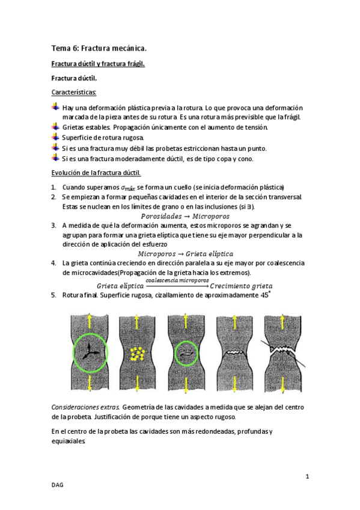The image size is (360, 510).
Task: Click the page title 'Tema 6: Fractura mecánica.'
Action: (x=99, y=49)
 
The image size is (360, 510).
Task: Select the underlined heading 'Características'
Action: (x=74, y=93)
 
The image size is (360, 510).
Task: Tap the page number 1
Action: (x=307, y=477)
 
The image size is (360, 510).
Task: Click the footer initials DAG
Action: (x=57, y=485)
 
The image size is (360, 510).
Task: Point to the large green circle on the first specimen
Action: (x=73, y=353)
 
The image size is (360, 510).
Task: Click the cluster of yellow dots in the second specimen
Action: (x=138, y=354)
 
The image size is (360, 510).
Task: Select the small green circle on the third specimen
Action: (x=175, y=353)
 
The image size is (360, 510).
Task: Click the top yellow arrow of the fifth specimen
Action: (x=282, y=322)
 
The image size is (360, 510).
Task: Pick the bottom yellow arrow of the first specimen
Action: (x=90, y=384)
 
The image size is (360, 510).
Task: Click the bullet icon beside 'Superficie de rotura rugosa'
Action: (x=55, y=137)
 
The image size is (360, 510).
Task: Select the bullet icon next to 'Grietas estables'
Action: (x=55, y=126)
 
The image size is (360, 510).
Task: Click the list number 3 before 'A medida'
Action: (x=53, y=226)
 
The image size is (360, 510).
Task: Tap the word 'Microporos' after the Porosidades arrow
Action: (x=211, y=217)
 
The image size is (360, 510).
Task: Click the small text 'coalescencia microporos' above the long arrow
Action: (x=177, y=280)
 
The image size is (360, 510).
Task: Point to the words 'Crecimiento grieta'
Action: (x=241, y=286)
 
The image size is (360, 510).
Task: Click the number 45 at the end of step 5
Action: (x=264, y=295)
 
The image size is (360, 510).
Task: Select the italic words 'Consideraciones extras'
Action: (x=85, y=407)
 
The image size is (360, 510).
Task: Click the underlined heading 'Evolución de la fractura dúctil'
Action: (x=96, y=173)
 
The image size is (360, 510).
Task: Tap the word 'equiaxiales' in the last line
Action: (x=69, y=441)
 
